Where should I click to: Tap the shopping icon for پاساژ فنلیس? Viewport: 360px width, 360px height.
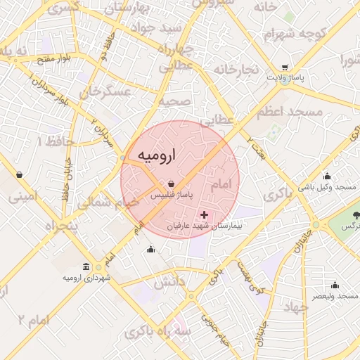click(172, 184)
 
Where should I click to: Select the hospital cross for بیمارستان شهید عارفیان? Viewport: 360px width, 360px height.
click(205, 214)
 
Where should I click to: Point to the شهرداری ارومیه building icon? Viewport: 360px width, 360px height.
click(86, 267)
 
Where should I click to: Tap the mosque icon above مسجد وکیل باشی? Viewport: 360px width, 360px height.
click(327, 176)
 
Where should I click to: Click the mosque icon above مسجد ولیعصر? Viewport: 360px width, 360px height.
click(335, 285)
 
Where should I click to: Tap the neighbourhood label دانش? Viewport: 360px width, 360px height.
click(170, 283)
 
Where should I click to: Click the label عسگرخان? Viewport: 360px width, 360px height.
click(106, 91)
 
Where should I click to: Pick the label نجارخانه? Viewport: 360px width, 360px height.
click(237, 70)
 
